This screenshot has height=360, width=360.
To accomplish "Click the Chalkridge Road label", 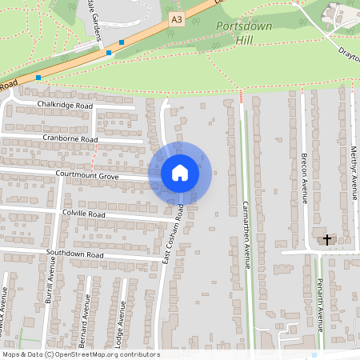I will [70, 106].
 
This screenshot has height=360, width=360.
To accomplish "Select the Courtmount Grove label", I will [87, 174].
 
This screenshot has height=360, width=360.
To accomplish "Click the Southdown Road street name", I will [75, 254].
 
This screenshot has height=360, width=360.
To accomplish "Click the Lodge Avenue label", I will [122, 323].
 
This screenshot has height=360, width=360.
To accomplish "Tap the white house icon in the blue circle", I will [180, 172].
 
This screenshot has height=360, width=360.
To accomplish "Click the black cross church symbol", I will [326, 238].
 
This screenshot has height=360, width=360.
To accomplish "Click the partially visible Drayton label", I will [350, 56].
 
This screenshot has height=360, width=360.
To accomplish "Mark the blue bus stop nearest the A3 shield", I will [122, 42].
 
